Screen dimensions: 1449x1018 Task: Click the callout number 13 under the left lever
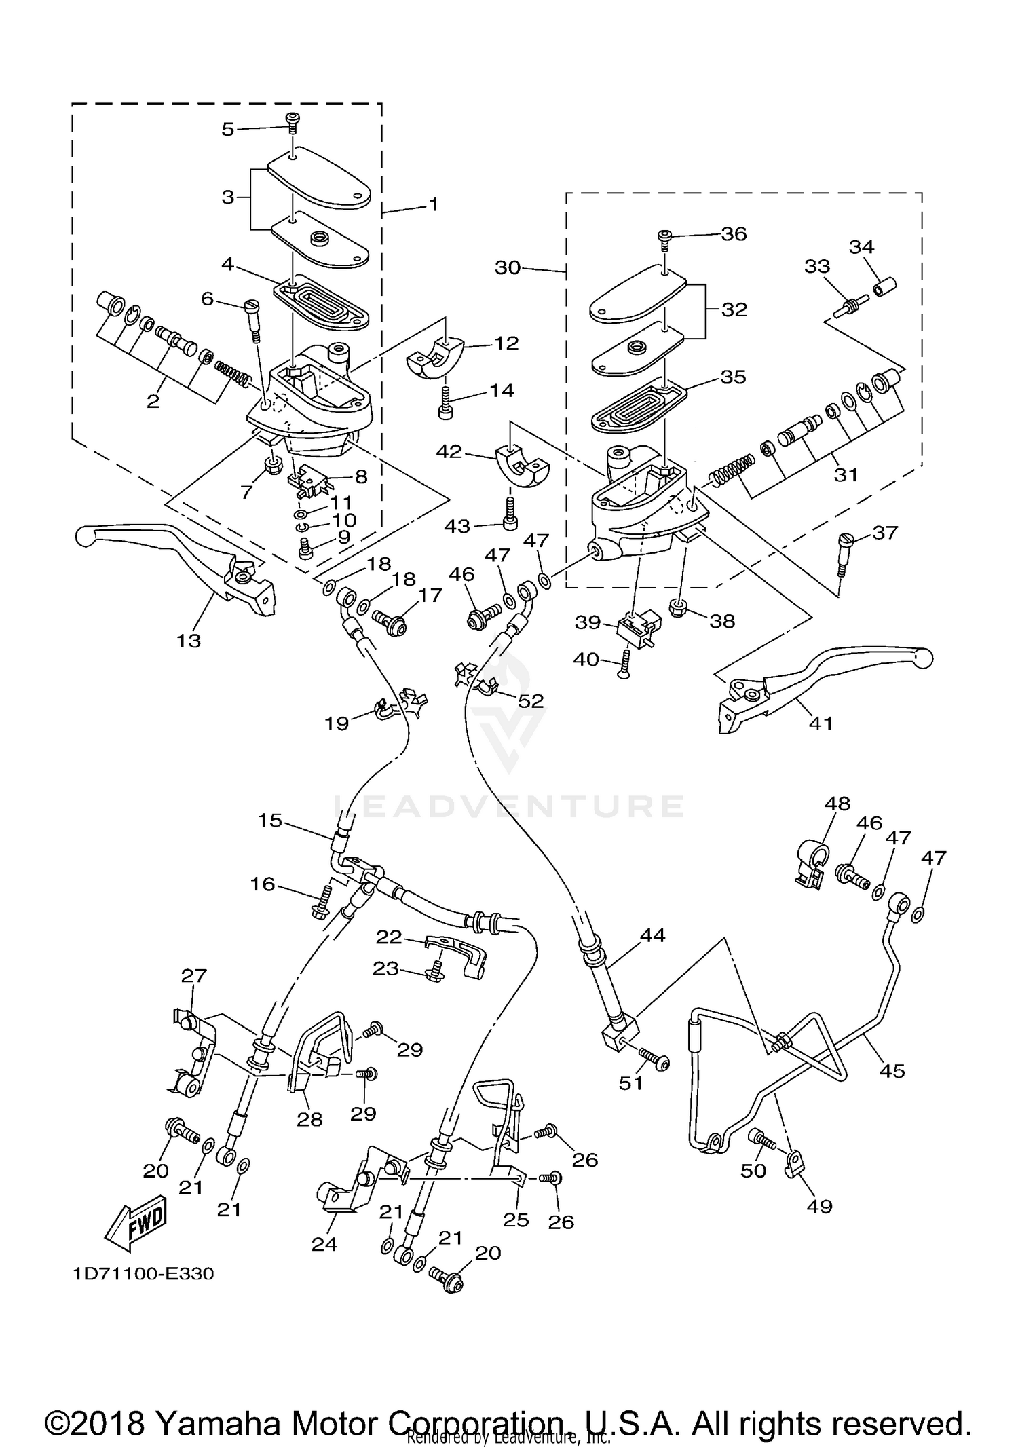tap(189, 640)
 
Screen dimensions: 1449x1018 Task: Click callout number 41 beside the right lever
tap(821, 723)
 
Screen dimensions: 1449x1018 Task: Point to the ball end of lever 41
tap(923, 658)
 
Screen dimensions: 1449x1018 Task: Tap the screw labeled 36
tap(664, 236)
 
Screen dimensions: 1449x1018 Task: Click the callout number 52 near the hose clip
tap(531, 700)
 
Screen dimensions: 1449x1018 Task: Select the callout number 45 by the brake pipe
tap(892, 1071)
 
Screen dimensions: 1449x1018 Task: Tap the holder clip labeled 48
tap(811, 863)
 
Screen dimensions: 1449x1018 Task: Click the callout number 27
tap(193, 976)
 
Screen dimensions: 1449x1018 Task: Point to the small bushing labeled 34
tap(884, 288)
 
